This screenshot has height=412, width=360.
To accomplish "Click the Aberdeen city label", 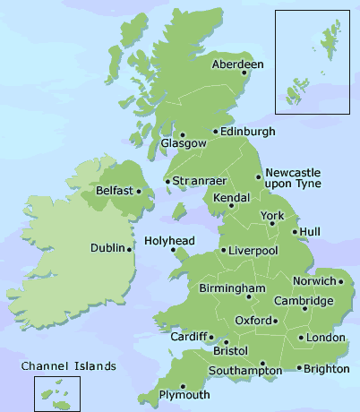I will pyautogui.click(x=238, y=64).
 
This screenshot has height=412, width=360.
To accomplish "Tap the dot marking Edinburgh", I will pyautogui.click(x=215, y=132).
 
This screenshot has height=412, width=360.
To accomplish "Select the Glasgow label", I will pyautogui.click(x=176, y=143).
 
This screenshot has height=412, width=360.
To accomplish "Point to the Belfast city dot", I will pyautogui.click(x=138, y=191).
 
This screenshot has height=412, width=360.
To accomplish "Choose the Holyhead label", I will pyautogui.click(x=168, y=241).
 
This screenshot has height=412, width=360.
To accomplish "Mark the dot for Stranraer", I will pyautogui.click(x=167, y=182).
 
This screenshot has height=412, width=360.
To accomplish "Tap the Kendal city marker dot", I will pyautogui.click(x=230, y=206).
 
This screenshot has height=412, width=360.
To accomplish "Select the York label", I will pyautogui.click(x=271, y=216).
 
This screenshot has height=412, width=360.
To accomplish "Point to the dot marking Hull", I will pyautogui.click(x=295, y=232).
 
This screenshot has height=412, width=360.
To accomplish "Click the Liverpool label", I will pyautogui.click(x=254, y=251).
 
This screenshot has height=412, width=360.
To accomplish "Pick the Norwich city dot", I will pyautogui.click(x=340, y=281).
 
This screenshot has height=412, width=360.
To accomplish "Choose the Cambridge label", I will pyautogui.click(x=304, y=300).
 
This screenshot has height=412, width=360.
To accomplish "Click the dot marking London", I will pyautogui.click(x=300, y=338).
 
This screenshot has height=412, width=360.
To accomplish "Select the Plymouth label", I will pyautogui.click(x=184, y=395).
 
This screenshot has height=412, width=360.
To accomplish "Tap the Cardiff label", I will pyautogui.click(x=188, y=337).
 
